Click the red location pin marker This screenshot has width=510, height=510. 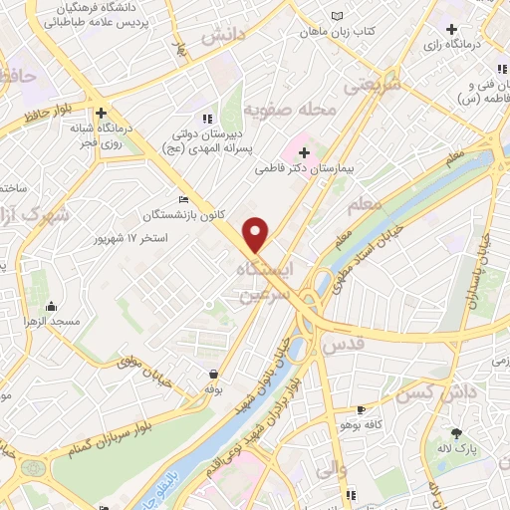[x=256, y=233]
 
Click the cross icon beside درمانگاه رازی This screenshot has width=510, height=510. [x=452, y=29]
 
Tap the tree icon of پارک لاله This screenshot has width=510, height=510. [x=457, y=433]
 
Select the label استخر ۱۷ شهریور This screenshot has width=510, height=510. [x=130, y=239]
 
